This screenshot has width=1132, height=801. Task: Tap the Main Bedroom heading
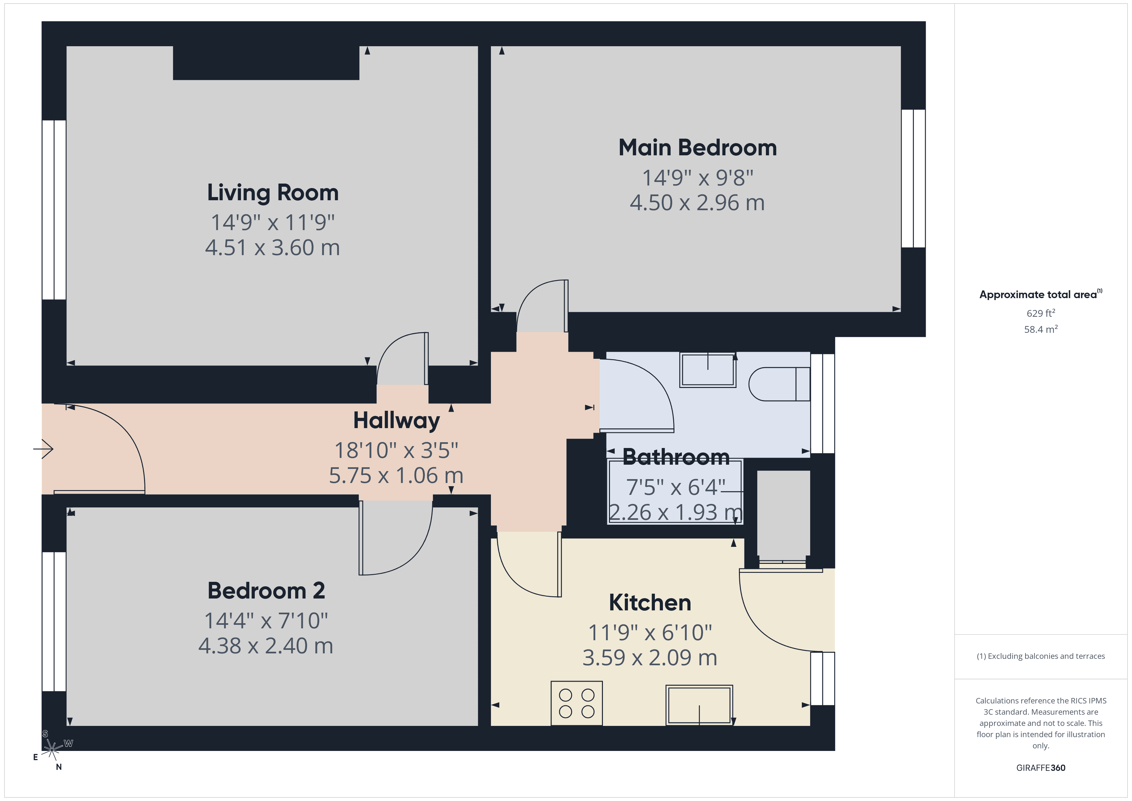tap(697, 148)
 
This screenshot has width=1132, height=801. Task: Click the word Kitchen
tap(649, 603)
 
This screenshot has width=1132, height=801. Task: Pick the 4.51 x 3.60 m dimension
tap(273, 248)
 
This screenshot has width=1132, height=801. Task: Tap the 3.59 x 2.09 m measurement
tap(649, 658)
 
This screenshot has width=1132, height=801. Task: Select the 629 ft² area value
tap(1040, 313)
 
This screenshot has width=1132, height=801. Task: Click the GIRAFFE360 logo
tap(1040, 768)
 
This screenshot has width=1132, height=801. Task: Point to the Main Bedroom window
tap(913, 178)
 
